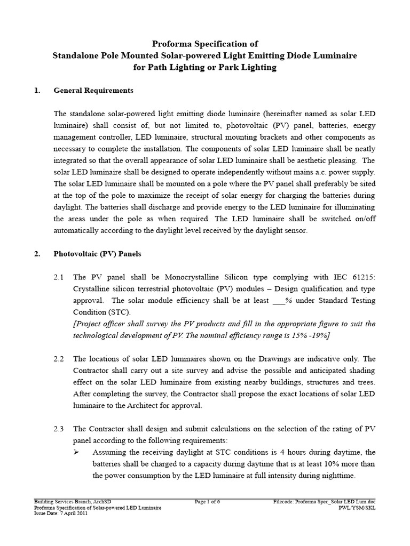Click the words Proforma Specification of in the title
(x=204, y=44)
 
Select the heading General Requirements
(x=93, y=91)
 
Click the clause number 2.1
(x=59, y=277)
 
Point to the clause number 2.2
(x=59, y=359)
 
